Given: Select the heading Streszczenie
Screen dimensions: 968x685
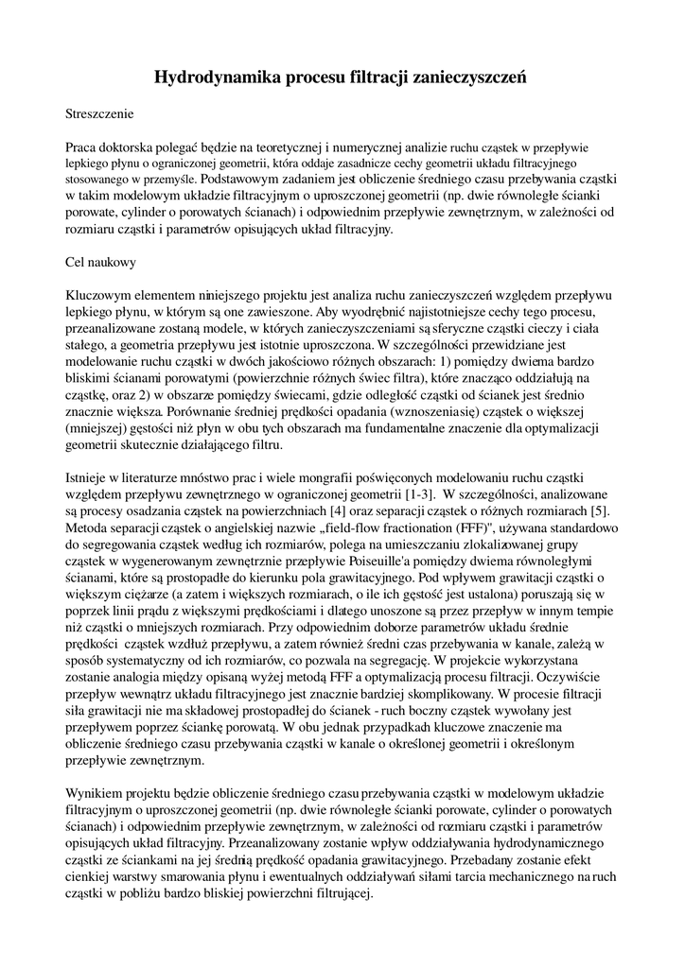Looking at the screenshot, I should pyautogui.click(x=99, y=114).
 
